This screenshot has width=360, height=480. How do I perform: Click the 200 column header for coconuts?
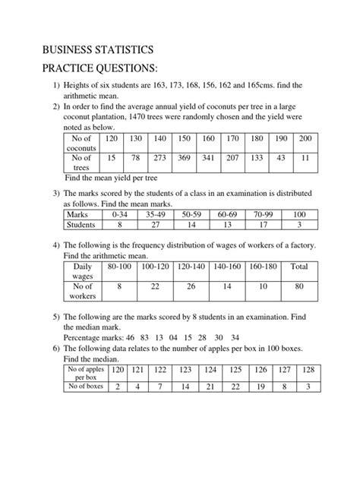[x=305, y=138]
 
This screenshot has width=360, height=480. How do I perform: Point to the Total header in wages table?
[x=298, y=268]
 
